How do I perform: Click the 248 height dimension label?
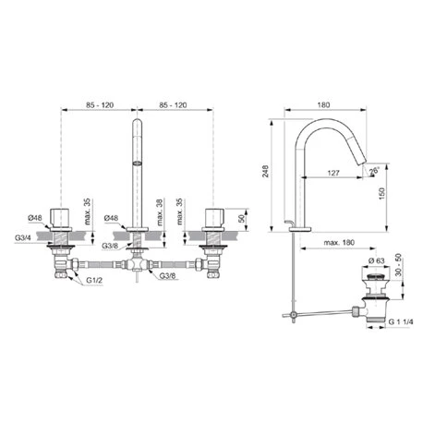pos(265,171)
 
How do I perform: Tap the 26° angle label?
pos(374,171)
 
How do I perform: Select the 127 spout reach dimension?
pos(333,173)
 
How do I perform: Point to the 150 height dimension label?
pos(381,194)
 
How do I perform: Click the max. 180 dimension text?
pos(339,242)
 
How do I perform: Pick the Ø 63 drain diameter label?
pos(376,260)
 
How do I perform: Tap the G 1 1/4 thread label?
pos(401,321)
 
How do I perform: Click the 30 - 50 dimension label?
pos(398,265)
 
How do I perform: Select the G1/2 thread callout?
pos(94,280)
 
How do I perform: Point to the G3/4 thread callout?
pos(22,237)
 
